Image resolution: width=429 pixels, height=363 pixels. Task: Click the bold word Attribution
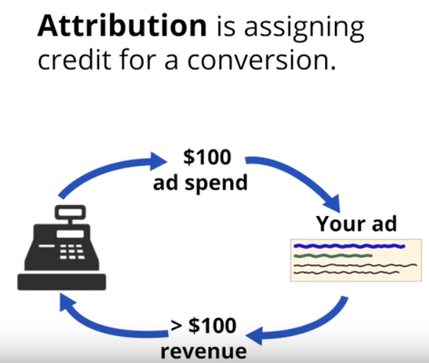pos(122,25)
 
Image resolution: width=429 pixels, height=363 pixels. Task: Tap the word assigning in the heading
pos(304,28)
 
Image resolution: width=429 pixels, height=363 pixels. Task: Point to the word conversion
pos(261,60)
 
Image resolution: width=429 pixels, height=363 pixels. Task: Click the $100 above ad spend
pos(207,157)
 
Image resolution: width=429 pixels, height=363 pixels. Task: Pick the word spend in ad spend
pos(216,184)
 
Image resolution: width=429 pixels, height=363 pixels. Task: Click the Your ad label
pos(356,223)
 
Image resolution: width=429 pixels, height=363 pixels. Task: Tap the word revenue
pos(203,352)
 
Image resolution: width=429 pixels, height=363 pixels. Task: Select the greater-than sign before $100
pos(176,324)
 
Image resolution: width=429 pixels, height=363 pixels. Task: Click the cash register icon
pos(62,247)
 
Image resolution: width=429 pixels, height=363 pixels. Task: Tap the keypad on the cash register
pos(71,252)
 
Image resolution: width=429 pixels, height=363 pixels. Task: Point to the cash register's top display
pos(71,212)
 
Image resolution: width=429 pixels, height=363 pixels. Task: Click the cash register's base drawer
pos(62,282)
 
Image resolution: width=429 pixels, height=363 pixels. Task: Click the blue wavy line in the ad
pos(350,247)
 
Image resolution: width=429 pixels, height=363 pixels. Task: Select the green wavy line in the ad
pos(333,256)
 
